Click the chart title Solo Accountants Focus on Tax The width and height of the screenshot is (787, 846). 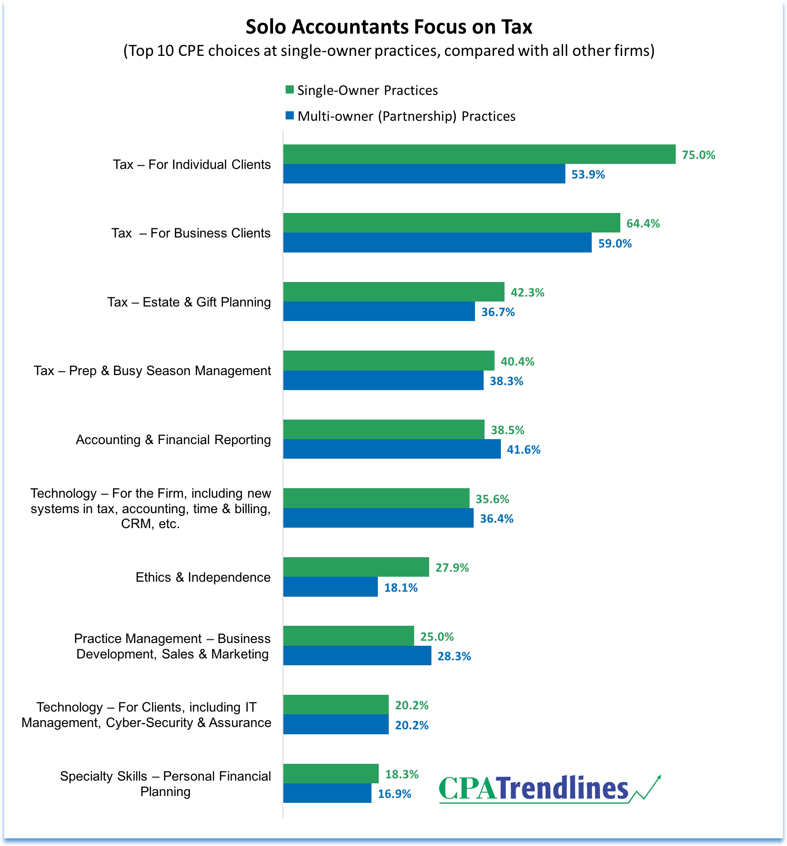pyautogui.click(x=389, y=27)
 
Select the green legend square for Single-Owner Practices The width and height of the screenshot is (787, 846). pyautogui.click(x=289, y=89)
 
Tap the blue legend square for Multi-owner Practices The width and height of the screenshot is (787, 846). pyautogui.click(x=289, y=115)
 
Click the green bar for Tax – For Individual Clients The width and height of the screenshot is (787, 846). pyautogui.click(x=479, y=154)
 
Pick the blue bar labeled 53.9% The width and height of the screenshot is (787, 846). pyautogui.click(x=424, y=174)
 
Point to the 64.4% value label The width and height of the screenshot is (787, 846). pyautogui.click(x=643, y=223)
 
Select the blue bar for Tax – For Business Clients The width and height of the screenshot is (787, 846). pyautogui.click(x=437, y=242)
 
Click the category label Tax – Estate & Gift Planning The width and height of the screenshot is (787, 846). pyautogui.click(x=189, y=302)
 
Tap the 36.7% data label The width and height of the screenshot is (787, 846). pyautogui.click(x=498, y=312)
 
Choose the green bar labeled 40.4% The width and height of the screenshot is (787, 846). pyautogui.click(x=389, y=361)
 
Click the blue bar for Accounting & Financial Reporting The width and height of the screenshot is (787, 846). pyautogui.click(x=392, y=449)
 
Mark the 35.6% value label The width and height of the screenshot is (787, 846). pyautogui.click(x=492, y=499)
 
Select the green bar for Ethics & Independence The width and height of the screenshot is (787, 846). pyautogui.click(x=356, y=567)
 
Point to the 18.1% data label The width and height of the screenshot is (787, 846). pyautogui.click(x=401, y=588)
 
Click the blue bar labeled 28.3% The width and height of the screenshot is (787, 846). pyautogui.click(x=357, y=656)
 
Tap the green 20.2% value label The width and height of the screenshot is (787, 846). pyautogui.click(x=411, y=705)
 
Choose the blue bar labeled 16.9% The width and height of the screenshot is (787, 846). pyautogui.click(x=327, y=793)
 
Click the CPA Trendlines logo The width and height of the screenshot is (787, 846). pyautogui.click(x=534, y=789)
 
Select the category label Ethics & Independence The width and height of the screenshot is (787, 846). pyautogui.click(x=203, y=577)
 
